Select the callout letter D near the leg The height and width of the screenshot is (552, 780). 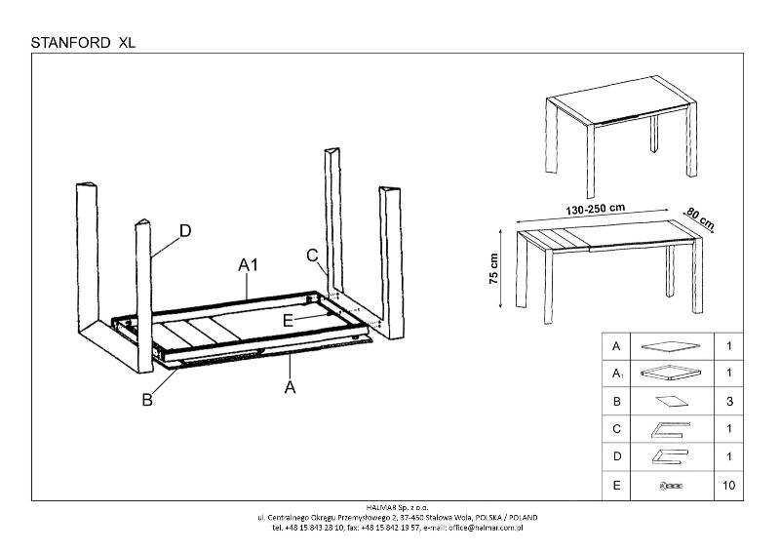click(x=185, y=231)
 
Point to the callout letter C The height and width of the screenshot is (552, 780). click(x=312, y=256)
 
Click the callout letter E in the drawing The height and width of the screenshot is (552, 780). click(x=290, y=319)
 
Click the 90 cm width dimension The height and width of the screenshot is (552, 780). click(x=700, y=218)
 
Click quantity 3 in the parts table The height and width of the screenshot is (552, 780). click(x=728, y=401)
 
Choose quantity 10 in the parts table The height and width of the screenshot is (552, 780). click(x=728, y=485)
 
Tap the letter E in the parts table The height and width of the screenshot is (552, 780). click(x=615, y=485)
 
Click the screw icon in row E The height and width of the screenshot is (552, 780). click(x=672, y=485)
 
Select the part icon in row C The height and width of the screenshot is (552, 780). click(x=672, y=429)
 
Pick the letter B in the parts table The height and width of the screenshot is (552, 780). click(x=615, y=401)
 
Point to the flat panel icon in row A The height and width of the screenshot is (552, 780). click(x=672, y=346)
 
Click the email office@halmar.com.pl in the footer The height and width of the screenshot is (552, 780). click(x=484, y=527)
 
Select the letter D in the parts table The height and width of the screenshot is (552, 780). click(x=615, y=456)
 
